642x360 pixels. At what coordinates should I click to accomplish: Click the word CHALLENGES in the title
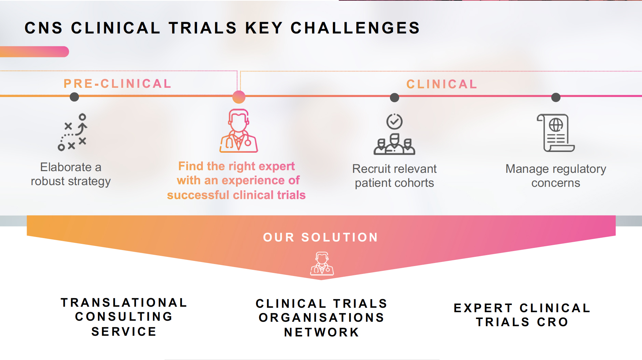(355, 28)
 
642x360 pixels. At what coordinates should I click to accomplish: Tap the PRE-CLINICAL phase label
(117, 84)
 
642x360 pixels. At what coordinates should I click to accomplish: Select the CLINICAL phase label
(442, 84)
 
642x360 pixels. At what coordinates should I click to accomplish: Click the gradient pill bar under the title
(34, 52)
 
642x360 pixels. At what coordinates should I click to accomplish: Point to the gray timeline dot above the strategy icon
(74, 97)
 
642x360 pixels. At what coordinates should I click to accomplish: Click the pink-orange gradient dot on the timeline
(239, 97)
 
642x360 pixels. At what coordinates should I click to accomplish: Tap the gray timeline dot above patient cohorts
(394, 98)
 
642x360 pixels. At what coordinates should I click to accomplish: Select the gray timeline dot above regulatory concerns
(556, 97)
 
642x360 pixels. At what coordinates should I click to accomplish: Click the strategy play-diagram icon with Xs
(72, 132)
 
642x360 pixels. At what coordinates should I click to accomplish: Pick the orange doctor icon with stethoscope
(239, 131)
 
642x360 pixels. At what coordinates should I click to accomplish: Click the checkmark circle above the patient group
(394, 121)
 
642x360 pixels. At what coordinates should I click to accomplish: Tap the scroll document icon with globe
(556, 133)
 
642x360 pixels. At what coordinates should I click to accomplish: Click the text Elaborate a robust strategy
(71, 174)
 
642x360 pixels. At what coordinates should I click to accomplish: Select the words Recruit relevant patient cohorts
(394, 176)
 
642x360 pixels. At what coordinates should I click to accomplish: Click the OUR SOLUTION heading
(321, 237)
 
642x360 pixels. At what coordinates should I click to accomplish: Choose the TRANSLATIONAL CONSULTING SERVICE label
(124, 317)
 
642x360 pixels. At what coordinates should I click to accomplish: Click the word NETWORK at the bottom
(322, 332)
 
